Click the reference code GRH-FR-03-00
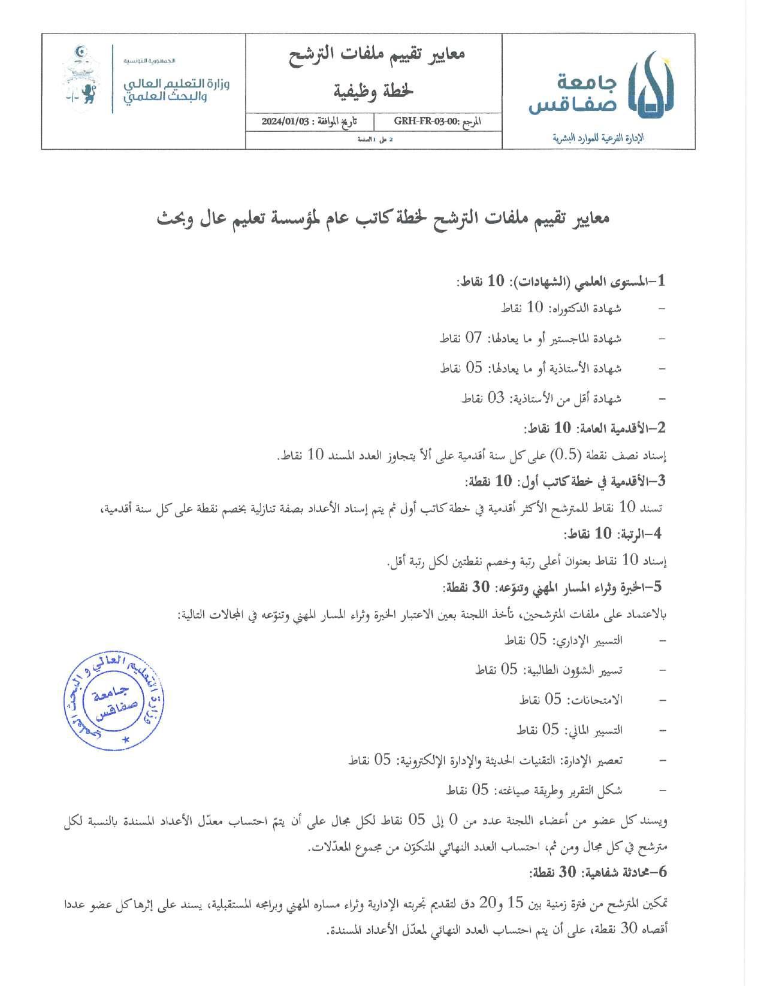click(423, 121)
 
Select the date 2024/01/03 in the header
click(285, 121)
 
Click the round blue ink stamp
click(114, 700)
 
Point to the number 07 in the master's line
click(474, 338)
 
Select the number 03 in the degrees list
click(496, 398)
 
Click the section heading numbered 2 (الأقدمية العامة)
click(595, 428)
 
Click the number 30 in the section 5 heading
click(481, 587)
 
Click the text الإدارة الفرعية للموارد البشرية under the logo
click(600, 138)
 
